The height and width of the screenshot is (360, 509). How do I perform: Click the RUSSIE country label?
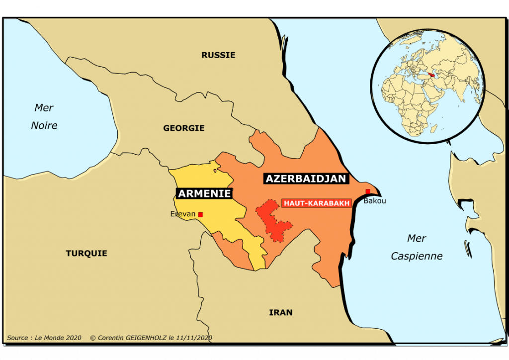point(218,55)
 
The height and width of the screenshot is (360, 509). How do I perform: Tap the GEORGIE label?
point(184,128)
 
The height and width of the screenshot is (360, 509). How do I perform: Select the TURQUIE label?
point(86,254)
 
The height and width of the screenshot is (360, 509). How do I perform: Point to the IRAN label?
point(281,313)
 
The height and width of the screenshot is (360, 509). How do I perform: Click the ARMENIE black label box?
point(204,193)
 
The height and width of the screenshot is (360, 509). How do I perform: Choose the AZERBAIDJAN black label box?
point(306,179)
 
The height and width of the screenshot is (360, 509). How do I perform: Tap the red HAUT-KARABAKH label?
point(317,203)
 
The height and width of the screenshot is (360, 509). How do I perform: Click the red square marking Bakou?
point(368,192)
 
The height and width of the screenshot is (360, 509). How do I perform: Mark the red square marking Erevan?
point(200,214)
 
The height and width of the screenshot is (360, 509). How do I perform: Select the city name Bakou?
point(374,201)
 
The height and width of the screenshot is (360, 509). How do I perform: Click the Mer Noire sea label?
point(44,117)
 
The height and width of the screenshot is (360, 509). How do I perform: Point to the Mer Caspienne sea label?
point(417,247)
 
